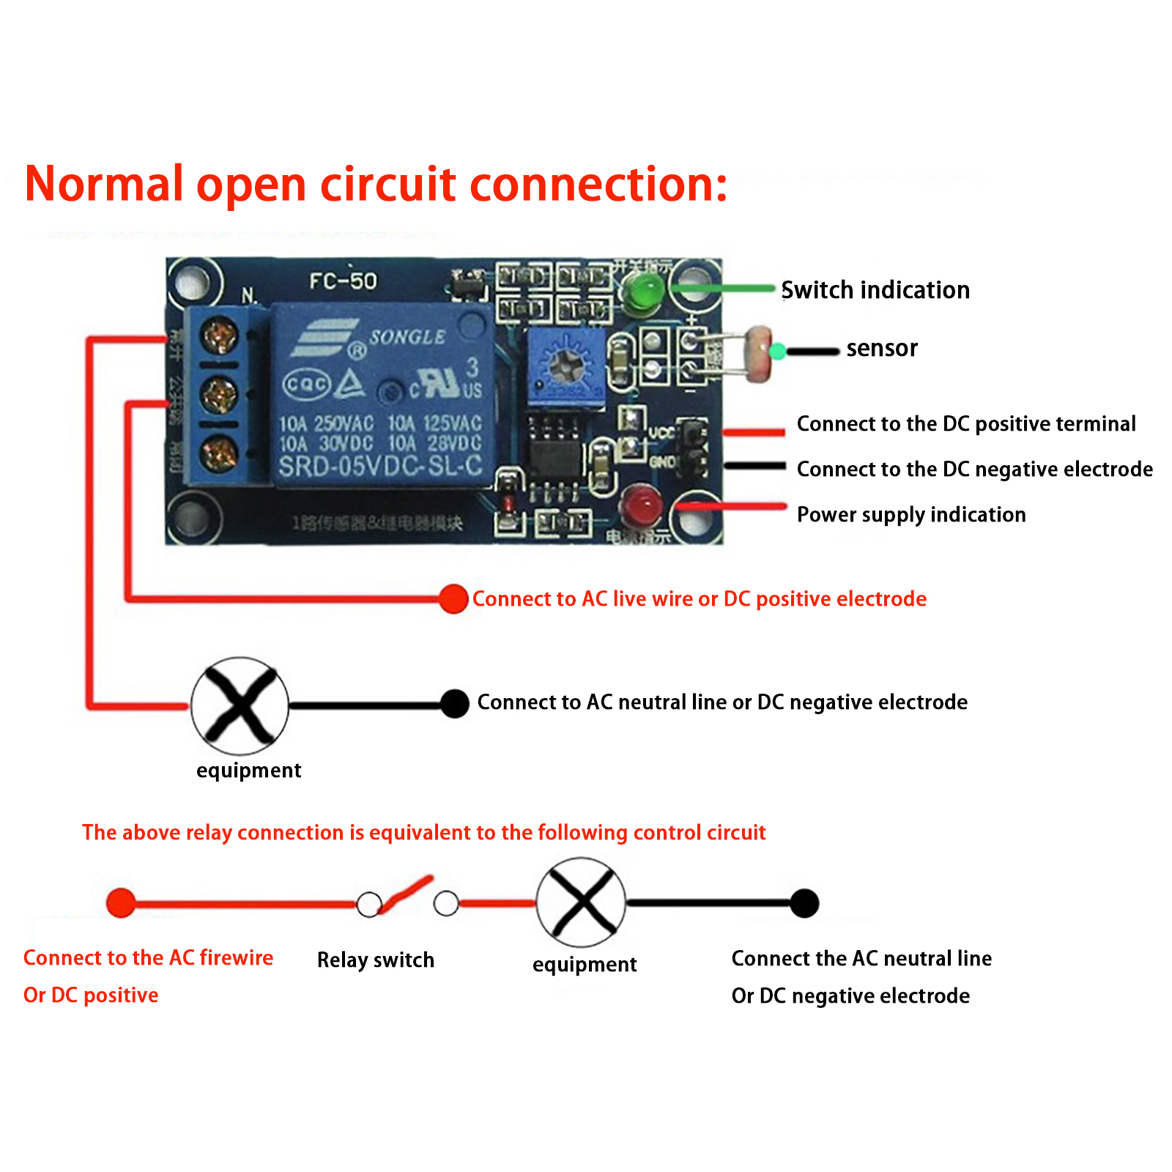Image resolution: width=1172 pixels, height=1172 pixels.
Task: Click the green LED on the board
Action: [643, 290]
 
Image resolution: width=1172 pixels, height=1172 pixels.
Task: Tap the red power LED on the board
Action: [641, 504]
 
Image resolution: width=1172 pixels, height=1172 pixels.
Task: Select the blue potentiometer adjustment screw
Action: [565, 362]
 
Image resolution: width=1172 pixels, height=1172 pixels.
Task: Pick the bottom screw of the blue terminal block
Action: [219, 453]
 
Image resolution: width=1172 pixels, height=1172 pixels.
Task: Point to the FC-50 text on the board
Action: [343, 281]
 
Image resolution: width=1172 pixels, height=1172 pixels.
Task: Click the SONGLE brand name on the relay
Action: [407, 337]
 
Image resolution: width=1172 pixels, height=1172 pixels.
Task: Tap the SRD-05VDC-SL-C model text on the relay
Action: [380, 467]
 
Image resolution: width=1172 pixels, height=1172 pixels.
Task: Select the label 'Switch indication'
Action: [875, 290]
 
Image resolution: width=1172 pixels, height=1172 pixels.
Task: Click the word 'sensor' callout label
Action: [882, 348]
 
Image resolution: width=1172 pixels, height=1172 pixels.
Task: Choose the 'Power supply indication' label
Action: [911, 515]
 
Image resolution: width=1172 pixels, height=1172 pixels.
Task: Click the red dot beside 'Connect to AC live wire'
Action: [454, 599]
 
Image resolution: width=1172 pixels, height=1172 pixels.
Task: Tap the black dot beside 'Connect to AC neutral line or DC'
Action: [455, 704]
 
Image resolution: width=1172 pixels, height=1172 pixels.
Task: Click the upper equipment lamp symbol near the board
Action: [240, 706]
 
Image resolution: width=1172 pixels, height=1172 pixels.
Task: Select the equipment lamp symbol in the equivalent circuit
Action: [581, 902]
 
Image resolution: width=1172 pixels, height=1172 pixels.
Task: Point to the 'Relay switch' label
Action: [376, 960]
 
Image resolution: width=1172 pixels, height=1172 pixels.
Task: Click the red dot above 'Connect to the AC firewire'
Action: [121, 902]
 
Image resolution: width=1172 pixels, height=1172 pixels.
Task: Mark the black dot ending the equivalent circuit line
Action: [804, 903]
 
